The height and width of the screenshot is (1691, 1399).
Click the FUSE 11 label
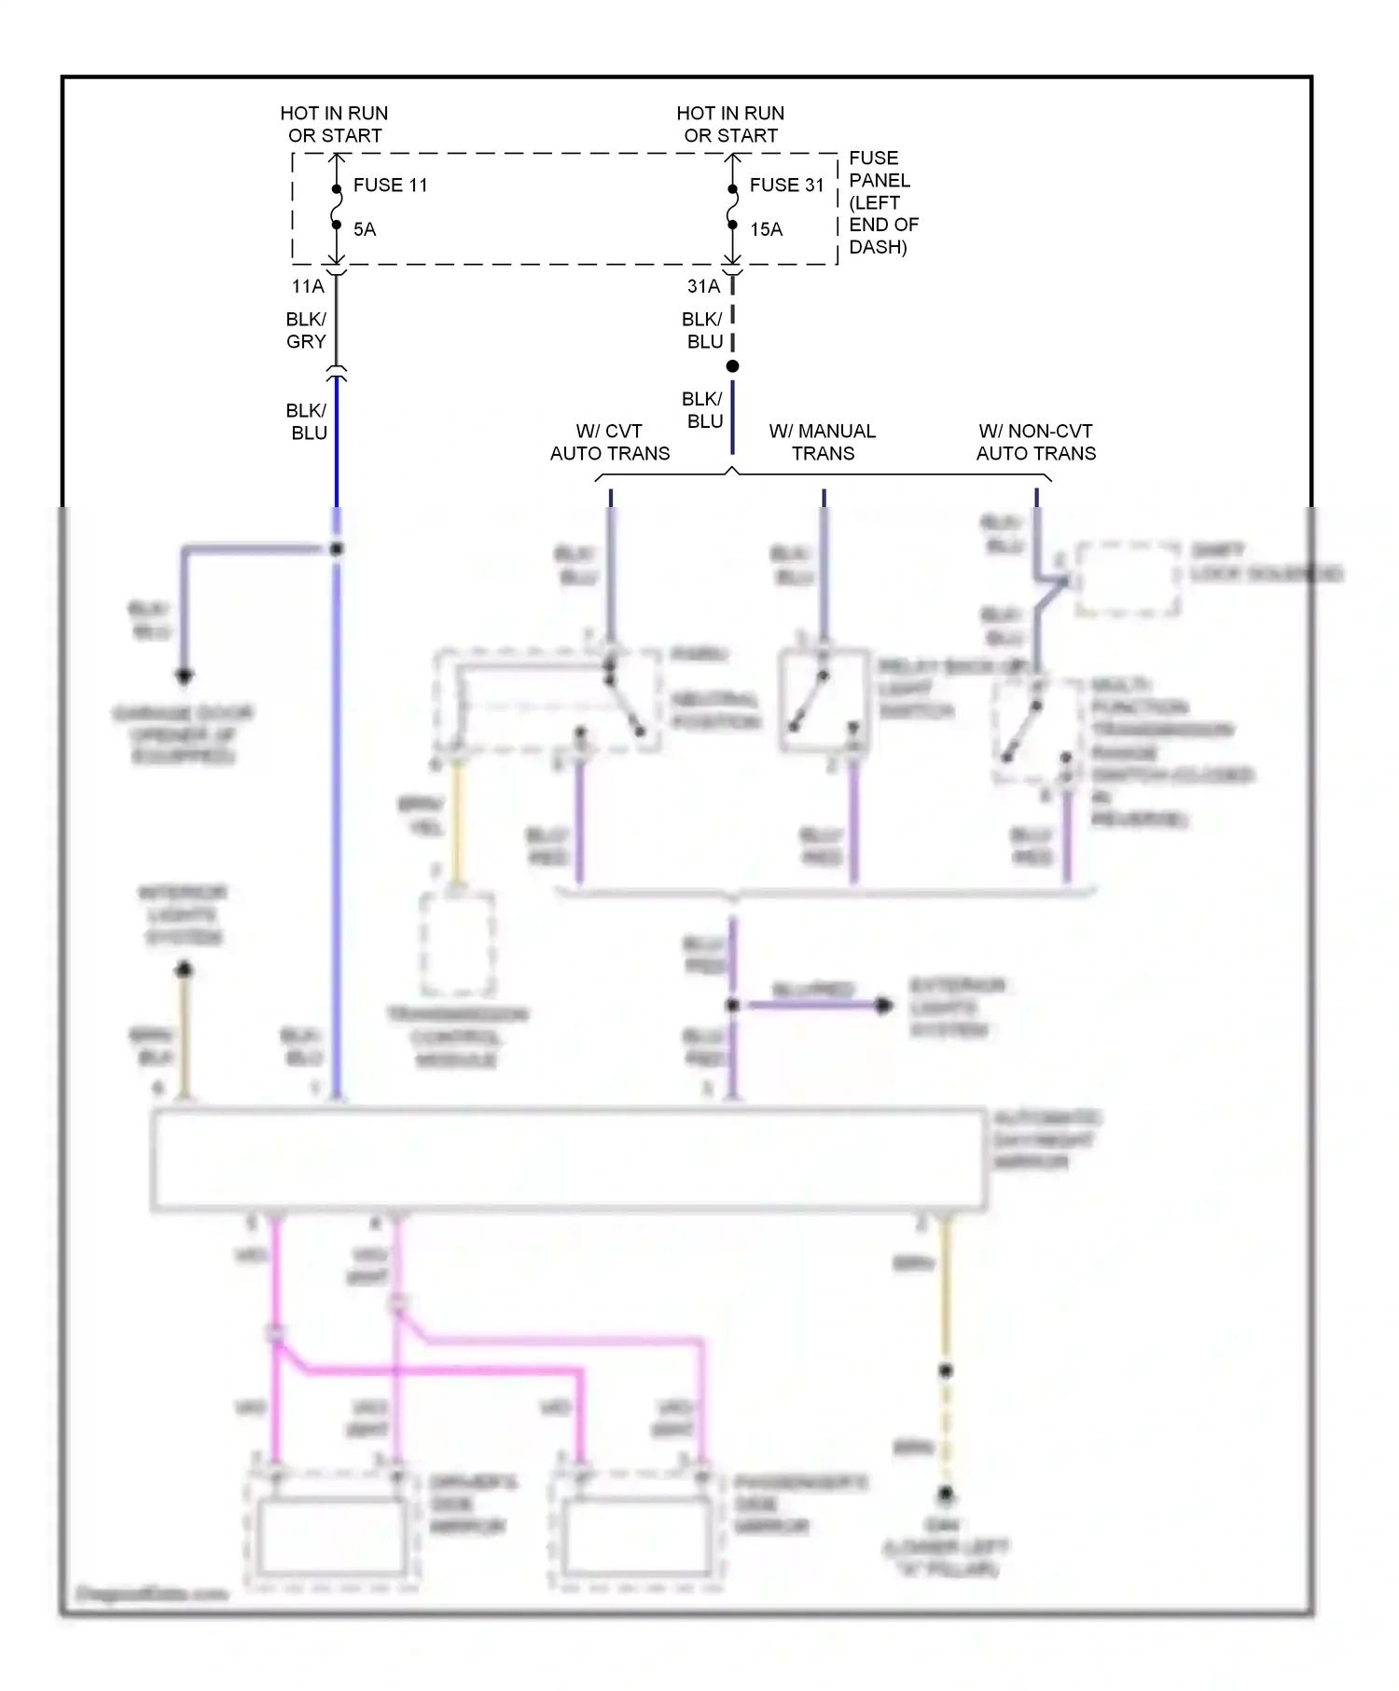(x=390, y=185)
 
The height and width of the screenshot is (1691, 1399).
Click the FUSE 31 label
(x=786, y=185)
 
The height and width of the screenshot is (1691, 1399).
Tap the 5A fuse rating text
(x=365, y=229)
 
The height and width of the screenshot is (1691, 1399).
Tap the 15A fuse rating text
(x=766, y=229)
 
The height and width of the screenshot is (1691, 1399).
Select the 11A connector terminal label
(x=308, y=286)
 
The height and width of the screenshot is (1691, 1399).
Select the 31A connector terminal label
(x=703, y=286)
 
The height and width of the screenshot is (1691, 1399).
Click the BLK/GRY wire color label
(x=306, y=331)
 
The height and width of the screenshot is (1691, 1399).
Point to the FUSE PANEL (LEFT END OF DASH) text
(x=882, y=202)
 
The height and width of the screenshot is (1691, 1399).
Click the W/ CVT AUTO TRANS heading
(x=609, y=443)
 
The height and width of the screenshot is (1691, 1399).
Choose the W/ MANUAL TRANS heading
(x=822, y=443)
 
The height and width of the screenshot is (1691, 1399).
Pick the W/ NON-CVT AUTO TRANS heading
(x=1035, y=443)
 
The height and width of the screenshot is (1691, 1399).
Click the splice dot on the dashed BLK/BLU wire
(x=733, y=366)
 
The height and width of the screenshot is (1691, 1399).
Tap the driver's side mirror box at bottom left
(x=331, y=1534)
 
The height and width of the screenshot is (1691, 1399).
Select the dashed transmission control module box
(x=457, y=944)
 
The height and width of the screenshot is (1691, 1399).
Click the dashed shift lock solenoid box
(x=1128, y=579)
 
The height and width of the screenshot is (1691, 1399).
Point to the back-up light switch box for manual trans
(x=824, y=700)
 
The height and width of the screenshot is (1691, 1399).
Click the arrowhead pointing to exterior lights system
(x=883, y=1006)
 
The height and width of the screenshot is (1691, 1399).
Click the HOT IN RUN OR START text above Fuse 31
(x=730, y=124)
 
